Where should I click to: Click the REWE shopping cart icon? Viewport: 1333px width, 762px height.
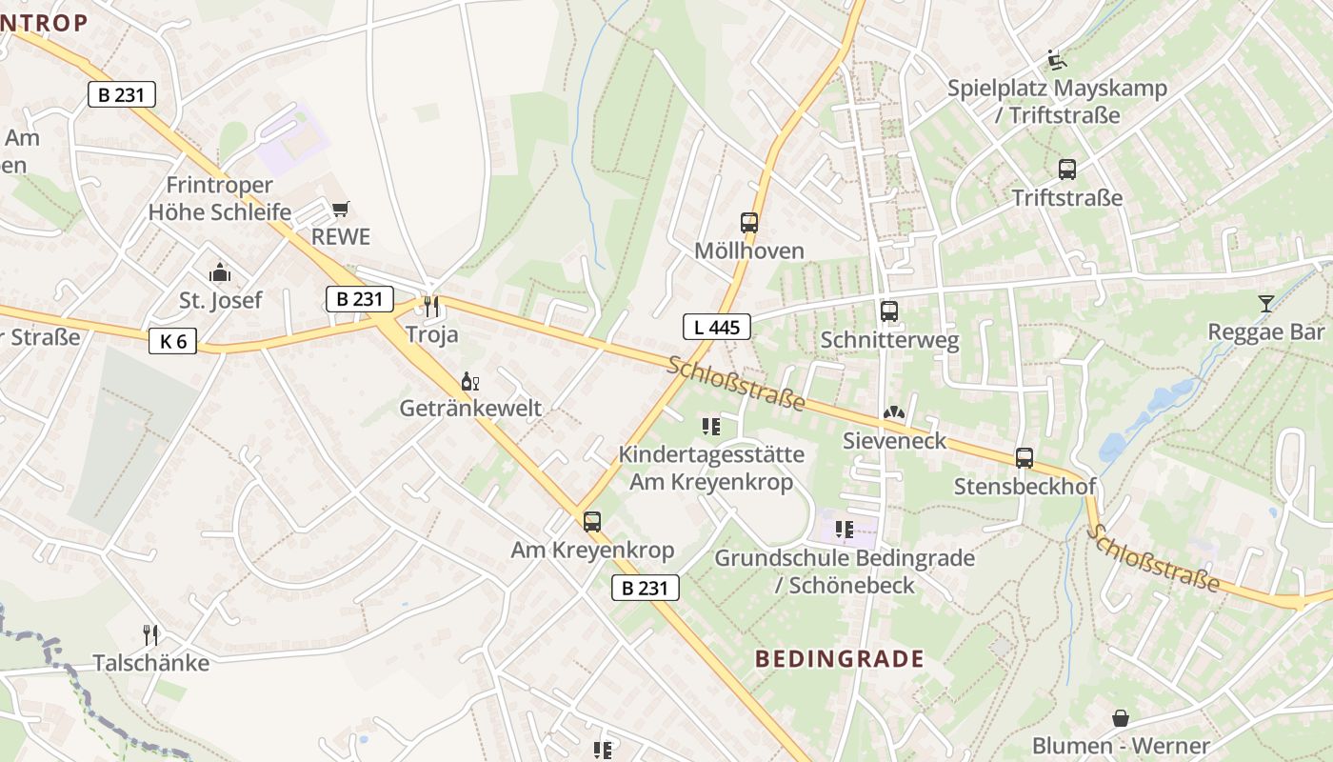pos(340,209)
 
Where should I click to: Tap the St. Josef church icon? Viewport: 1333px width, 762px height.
pos(220,273)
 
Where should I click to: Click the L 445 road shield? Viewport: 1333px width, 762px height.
pos(717,327)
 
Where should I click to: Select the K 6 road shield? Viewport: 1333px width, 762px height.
pos(172,340)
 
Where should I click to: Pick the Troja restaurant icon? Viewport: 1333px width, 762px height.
pos(431,306)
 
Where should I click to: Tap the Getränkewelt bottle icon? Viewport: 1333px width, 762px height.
pos(469,382)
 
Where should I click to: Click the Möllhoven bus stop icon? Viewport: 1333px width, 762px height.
pos(749,223)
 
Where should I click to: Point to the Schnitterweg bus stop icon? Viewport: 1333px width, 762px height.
pos(889,311)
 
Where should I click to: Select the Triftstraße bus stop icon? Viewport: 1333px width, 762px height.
pos(1067,170)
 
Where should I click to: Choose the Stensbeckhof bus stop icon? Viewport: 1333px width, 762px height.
pos(1025,458)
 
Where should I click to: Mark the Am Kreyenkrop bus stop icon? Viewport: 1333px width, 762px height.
pos(592,521)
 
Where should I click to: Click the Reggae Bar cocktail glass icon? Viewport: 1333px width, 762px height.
pos(1265,304)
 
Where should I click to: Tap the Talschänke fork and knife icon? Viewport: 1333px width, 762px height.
pos(149,634)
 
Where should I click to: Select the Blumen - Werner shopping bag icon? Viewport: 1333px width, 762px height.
pos(1121,717)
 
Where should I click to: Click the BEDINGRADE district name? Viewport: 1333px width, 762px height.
pos(839,658)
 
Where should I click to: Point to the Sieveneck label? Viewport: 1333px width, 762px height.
pos(895,440)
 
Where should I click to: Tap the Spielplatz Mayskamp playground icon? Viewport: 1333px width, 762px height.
pos(1056,59)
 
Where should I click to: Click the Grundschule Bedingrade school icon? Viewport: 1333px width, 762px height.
pos(844,529)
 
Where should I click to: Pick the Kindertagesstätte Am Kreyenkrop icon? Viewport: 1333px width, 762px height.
pos(710,426)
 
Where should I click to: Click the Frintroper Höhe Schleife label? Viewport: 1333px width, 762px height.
pos(220,198)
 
